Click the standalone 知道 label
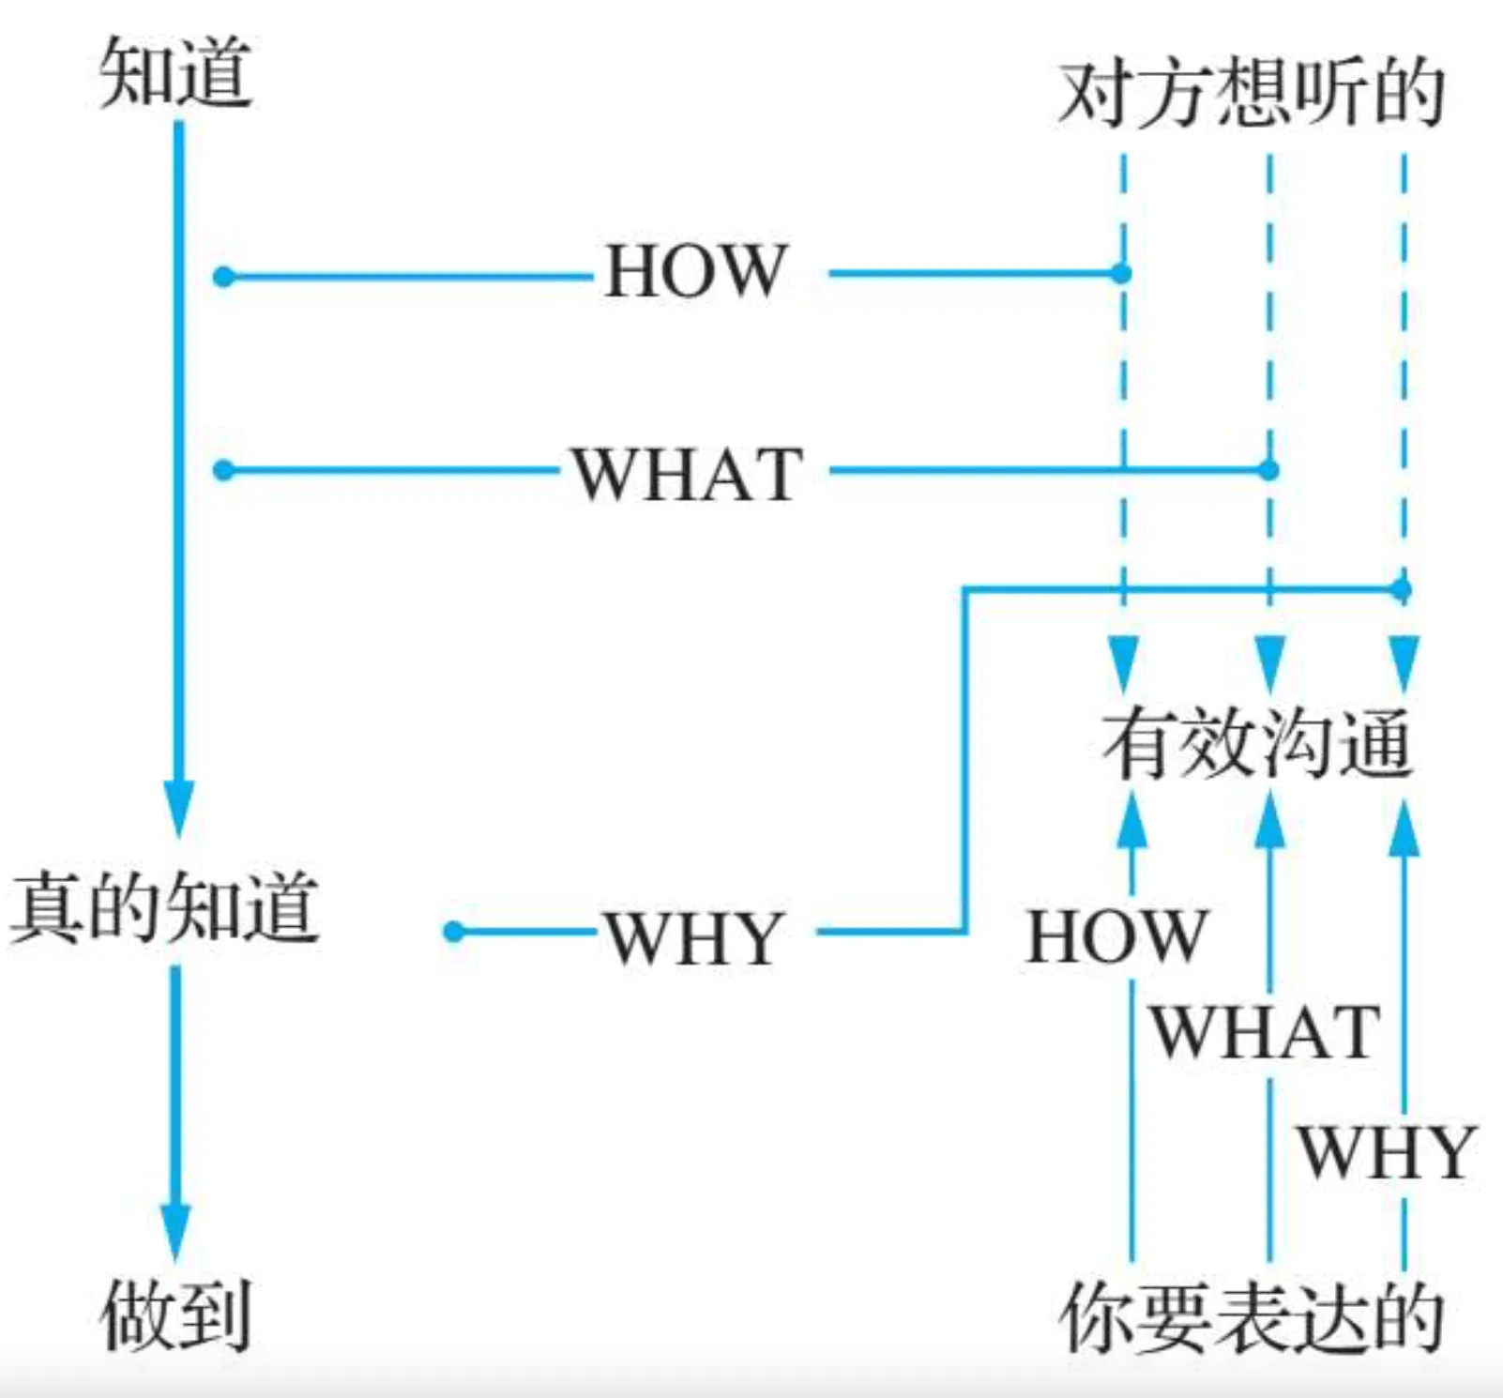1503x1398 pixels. [x=175, y=72]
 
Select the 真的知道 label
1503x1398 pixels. [x=165, y=907]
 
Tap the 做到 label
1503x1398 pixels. [x=175, y=1316]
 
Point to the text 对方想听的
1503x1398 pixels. [x=1251, y=94]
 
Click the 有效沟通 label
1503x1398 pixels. [x=1257, y=744]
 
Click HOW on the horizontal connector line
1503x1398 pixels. [x=694, y=272]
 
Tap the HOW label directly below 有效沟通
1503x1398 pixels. [x=1116, y=936]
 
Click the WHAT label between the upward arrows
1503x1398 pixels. [x=1266, y=1032]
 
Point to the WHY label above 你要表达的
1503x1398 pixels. [x=1387, y=1152]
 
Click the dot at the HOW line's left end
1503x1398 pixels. [x=223, y=277]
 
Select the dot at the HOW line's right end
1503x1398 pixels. [x=1121, y=274]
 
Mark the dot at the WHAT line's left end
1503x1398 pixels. [x=223, y=470]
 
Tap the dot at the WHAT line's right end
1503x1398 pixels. [x=1268, y=470]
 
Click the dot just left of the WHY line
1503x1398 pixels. [x=454, y=932]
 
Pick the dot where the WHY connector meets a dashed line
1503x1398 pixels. [x=1402, y=589]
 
